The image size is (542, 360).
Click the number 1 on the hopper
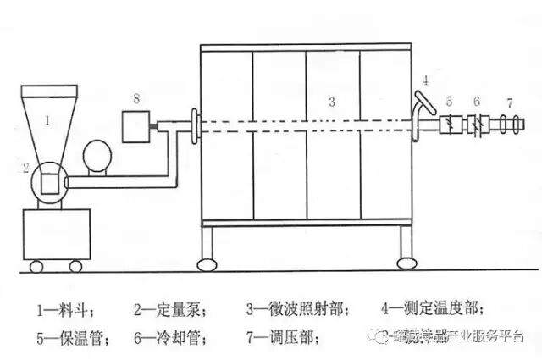(x=47, y=121)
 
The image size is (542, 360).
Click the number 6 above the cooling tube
(x=477, y=102)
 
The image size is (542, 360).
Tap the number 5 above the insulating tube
(x=450, y=102)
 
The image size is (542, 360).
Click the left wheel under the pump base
(x=37, y=268)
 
